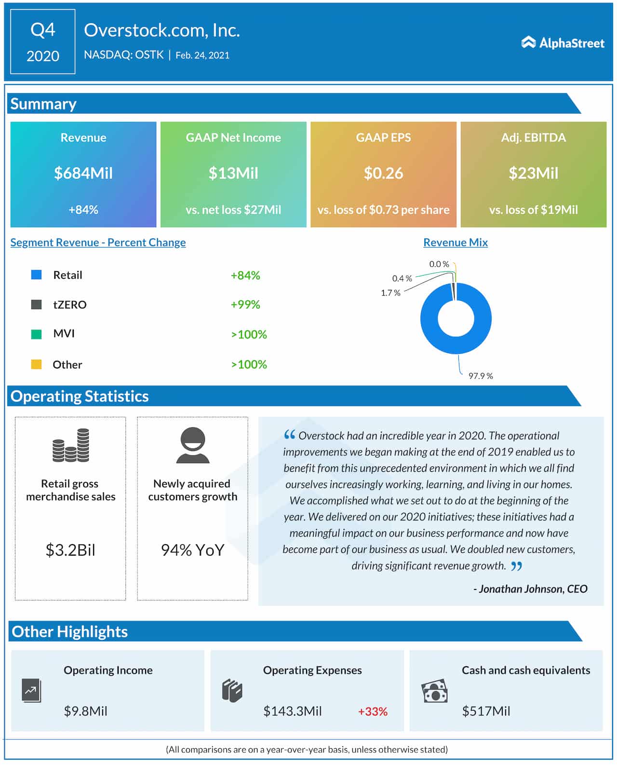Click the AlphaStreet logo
(563, 43)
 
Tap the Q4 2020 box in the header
(43, 42)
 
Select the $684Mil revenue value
(83, 173)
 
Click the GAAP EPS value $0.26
(383, 173)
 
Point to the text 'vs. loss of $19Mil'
(533, 210)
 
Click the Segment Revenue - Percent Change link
(98, 243)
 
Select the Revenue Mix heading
(455, 243)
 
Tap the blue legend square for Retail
(36, 275)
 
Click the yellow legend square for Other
(36, 364)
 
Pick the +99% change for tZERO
(245, 305)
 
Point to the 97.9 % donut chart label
(480, 376)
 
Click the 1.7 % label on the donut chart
(390, 293)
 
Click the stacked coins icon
(71, 445)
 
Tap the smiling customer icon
(193, 445)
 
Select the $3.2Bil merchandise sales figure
(70, 550)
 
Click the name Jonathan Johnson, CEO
(530, 589)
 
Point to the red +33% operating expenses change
(373, 711)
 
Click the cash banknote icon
(434, 692)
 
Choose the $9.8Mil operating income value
(86, 711)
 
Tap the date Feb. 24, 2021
(202, 55)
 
